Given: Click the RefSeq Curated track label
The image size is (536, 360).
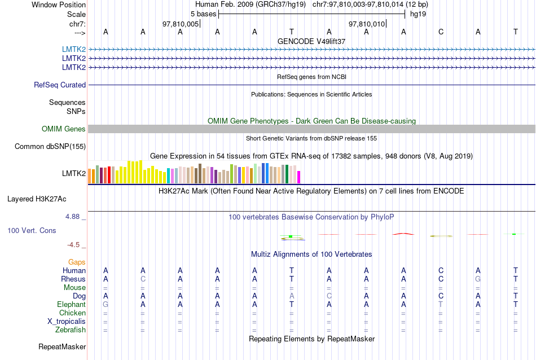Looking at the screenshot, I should (x=60, y=85).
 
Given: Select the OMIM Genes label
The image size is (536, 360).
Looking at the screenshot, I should (x=64, y=129).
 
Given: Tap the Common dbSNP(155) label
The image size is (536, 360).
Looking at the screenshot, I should (x=50, y=147).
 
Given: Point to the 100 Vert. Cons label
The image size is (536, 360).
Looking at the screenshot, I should (x=32, y=231).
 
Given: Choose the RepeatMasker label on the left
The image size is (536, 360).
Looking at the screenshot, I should (x=62, y=346).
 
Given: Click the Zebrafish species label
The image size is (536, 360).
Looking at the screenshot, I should (x=71, y=330).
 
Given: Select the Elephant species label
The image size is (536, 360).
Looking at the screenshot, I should (x=71, y=305).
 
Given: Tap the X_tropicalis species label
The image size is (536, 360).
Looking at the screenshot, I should (x=67, y=322).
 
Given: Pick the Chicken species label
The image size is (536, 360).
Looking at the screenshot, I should (x=73, y=313).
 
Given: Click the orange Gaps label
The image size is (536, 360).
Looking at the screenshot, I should (x=77, y=262).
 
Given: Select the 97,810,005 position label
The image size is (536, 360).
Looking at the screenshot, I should (x=181, y=24).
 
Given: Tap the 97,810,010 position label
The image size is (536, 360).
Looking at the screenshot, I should (x=367, y=24).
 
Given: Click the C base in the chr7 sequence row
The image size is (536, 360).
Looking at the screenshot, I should (x=441, y=32).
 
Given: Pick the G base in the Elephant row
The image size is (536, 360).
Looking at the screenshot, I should (x=106, y=305).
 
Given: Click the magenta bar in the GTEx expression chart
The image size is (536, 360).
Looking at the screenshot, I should (x=299, y=177).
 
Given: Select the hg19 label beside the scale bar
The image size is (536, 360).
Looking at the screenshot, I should (x=418, y=14).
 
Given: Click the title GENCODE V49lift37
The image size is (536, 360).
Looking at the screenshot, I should (x=311, y=41).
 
